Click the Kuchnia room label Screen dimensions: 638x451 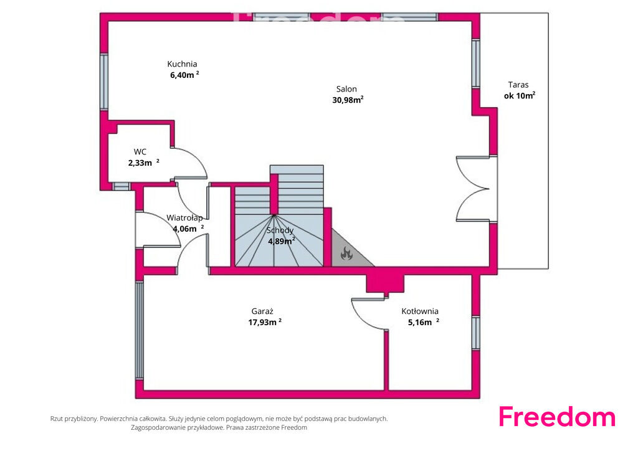pyautogui.click(x=182, y=64)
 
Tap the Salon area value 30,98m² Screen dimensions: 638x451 pyautogui.click(x=348, y=100)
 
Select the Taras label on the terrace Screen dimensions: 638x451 pyautogui.click(x=518, y=85)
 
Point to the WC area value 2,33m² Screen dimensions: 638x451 pyautogui.click(x=144, y=163)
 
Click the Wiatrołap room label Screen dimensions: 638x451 pyautogui.click(x=184, y=217)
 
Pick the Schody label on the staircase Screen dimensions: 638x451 pyautogui.click(x=280, y=230)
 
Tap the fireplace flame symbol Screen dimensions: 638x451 pyautogui.click(x=346, y=254)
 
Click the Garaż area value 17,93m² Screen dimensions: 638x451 pyautogui.click(x=265, y=322)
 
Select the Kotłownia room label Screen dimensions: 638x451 pyautogui.click(x=420, y=311)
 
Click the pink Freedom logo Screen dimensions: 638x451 pyautogui.click(x=557, y=417)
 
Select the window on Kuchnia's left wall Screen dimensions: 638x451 pyautogui.click(x=104, y=82)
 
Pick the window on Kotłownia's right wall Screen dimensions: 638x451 pyautogui.click(x=475, y=333)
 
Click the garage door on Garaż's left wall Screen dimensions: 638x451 pyautogui.click(x=139, y=331)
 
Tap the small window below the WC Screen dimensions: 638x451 pyautogui.click(x=121, y=186)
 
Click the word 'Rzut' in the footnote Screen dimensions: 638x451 pyautogui.click(x=57, y=419)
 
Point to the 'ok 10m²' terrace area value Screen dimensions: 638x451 pyautogui.click(x=520, y=95)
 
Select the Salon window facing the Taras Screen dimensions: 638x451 pyautogui.click(x=475, y=64)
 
